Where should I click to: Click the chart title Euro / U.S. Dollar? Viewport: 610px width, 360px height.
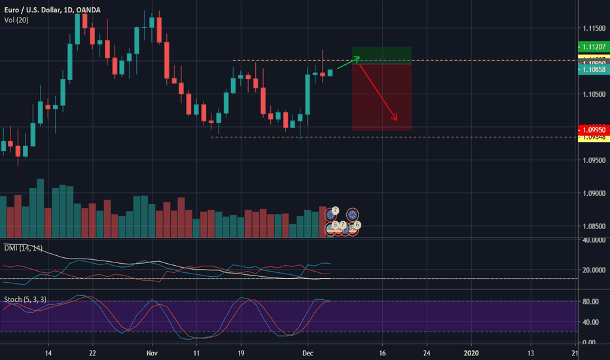coord(33,7)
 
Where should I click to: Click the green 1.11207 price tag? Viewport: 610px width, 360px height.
coord(592,47)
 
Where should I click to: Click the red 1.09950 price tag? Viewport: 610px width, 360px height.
coord(592,130)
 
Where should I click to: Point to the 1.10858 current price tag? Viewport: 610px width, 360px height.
coord(592,69)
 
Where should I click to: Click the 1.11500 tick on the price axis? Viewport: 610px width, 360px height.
coord(592,28)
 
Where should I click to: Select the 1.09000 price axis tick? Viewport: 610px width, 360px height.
coord(592,193)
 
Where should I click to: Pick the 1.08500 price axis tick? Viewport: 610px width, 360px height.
coord(592,226)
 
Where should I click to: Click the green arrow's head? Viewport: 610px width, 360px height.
coord(359,58)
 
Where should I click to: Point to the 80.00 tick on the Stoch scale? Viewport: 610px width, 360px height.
coord(592,301)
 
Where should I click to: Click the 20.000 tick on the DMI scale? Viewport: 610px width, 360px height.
coord(592,270)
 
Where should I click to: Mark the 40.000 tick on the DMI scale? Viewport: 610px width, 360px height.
coord(592,240)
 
